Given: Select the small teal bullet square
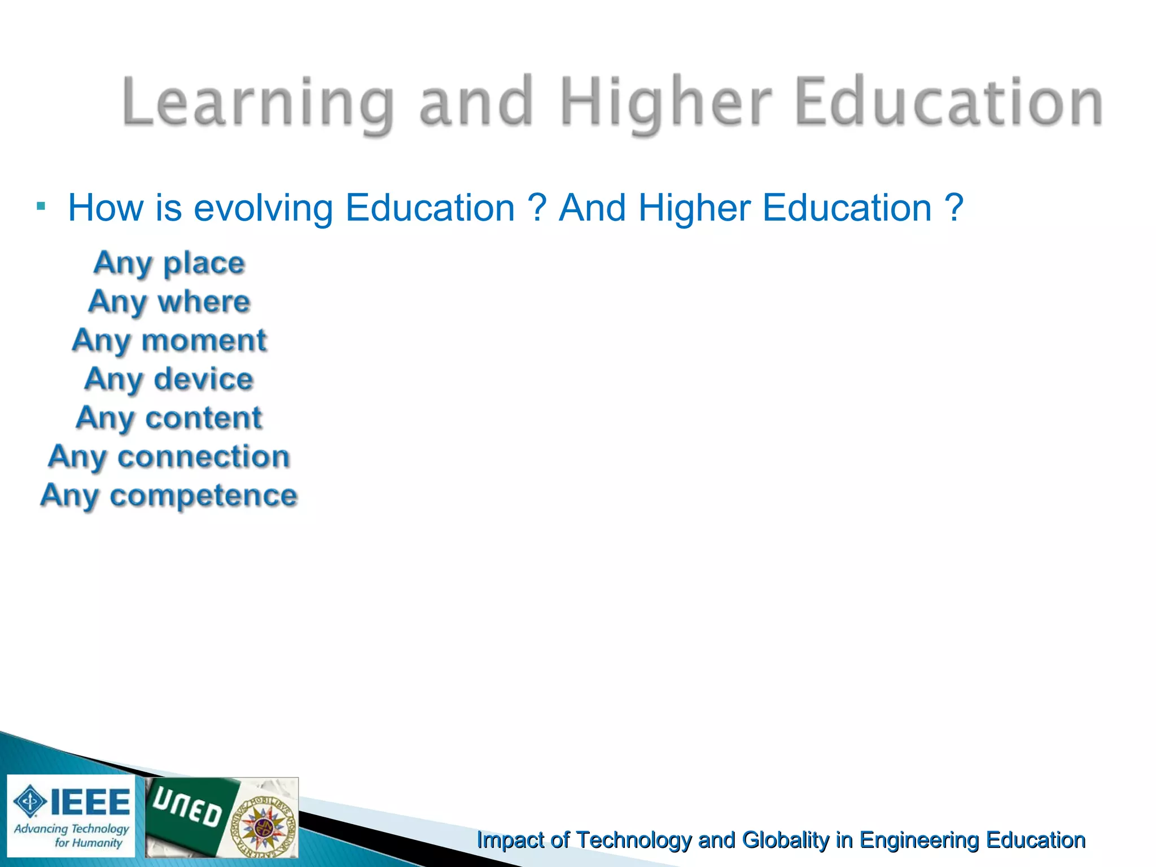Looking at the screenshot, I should (x=40, y=206).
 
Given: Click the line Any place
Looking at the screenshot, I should (x=169, y=263).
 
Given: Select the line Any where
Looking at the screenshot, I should (x=169, y=301).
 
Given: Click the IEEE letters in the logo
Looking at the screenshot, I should (x=90, y=802).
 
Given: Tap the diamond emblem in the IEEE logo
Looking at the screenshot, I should (x=30, y=802).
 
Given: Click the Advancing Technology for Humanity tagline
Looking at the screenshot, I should (x=72, y=835).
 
